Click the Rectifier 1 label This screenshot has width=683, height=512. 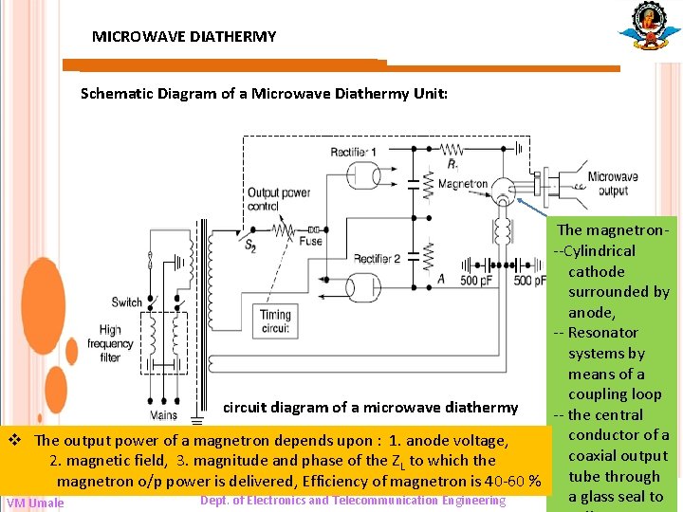(x=354, y=153)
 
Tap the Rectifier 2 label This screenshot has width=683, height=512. (x=377, y=258)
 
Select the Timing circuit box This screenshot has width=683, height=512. (x=275, y=320)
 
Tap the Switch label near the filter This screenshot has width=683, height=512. (x=126, y=302)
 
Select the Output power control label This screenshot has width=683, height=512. (x=279, y=199)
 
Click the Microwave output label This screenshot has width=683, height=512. (x=612, y=184)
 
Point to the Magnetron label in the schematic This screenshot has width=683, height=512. (x=464, y=184)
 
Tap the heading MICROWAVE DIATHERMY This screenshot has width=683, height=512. (x=184, y=37)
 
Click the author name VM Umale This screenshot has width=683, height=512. (x=35, y=503)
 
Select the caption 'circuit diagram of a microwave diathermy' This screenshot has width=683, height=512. (x=371, y=408)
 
